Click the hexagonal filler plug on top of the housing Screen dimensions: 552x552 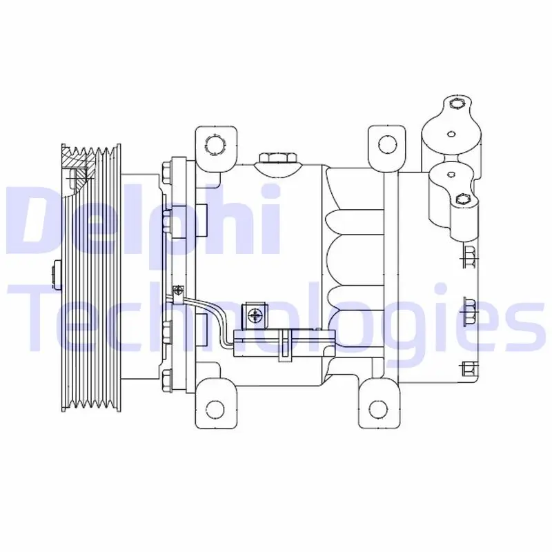tap(278, 158)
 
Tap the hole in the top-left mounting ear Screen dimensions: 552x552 tap(215, 145)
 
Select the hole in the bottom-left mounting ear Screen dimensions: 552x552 tap(215, 409)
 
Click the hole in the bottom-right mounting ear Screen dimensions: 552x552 tap(378, 409)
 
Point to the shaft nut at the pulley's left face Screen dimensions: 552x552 tap(57, 275)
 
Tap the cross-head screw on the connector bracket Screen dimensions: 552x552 tap(254, 315)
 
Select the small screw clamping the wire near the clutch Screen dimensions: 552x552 tap(179, 290)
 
